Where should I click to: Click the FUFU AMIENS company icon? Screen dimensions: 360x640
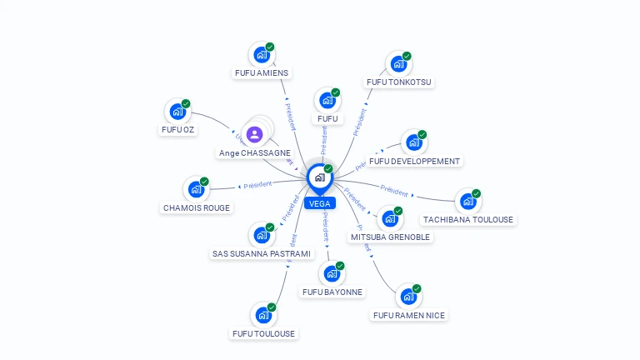262,55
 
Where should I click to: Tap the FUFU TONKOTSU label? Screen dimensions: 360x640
400,82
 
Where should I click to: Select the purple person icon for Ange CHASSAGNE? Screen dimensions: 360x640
255,133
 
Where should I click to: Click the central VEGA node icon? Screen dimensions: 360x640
319,177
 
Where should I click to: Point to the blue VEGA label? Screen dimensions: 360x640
319,203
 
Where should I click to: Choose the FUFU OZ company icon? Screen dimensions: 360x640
177,112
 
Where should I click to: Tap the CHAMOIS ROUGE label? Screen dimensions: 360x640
197,207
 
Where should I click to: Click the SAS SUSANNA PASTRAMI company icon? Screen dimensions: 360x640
262,235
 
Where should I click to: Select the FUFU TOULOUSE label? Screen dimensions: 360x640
263,333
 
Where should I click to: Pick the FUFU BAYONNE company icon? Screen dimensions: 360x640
332,273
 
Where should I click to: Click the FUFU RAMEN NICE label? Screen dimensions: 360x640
409,315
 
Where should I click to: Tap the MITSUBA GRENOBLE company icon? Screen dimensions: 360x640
389,219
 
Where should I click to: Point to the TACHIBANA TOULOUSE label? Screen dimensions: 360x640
468,220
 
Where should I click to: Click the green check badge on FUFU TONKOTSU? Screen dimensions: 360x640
407,57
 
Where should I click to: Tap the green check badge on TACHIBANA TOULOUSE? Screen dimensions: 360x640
476,194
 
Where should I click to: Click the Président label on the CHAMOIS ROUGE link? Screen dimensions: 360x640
258,185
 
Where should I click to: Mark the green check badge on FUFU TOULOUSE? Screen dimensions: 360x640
272,307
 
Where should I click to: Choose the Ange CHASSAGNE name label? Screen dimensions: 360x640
255,153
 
